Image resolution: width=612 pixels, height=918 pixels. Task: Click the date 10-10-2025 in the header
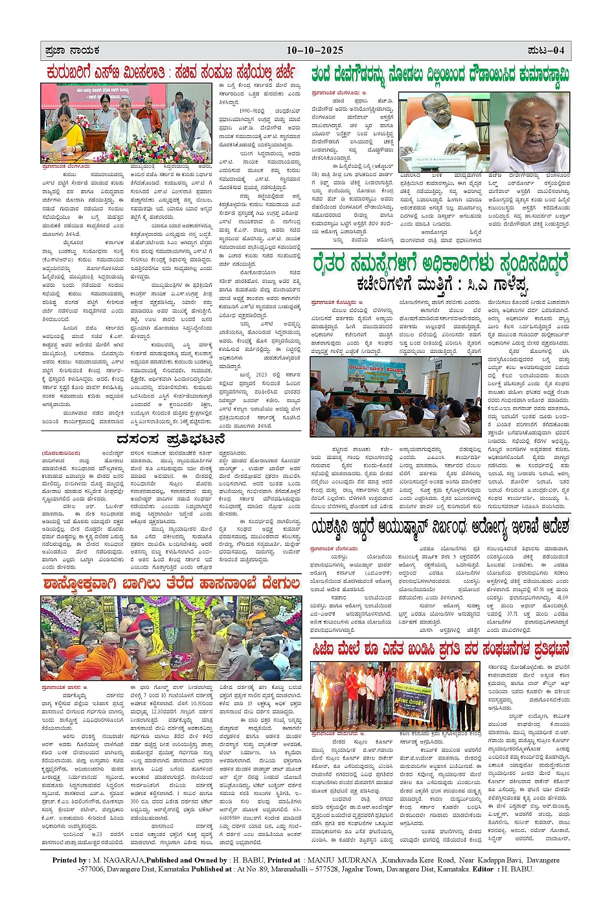pos(315,50)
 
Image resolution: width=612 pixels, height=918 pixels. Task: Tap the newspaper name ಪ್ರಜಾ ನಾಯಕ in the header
pos(73,50)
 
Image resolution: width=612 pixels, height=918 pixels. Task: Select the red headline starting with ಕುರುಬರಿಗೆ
pos(170,72)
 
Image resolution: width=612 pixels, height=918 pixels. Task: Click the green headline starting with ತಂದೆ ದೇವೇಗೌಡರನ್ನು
pos(440,74)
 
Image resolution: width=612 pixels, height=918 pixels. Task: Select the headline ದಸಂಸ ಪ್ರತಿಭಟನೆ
pos(170,440)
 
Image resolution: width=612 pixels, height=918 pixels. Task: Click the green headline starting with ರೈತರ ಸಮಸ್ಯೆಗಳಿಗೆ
pos(440,263)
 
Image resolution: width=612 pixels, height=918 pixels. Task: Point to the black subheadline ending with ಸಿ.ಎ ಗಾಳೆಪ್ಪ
pos(442,284)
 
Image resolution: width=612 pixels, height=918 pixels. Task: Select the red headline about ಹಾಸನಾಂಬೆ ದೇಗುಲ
pos(171,585)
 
